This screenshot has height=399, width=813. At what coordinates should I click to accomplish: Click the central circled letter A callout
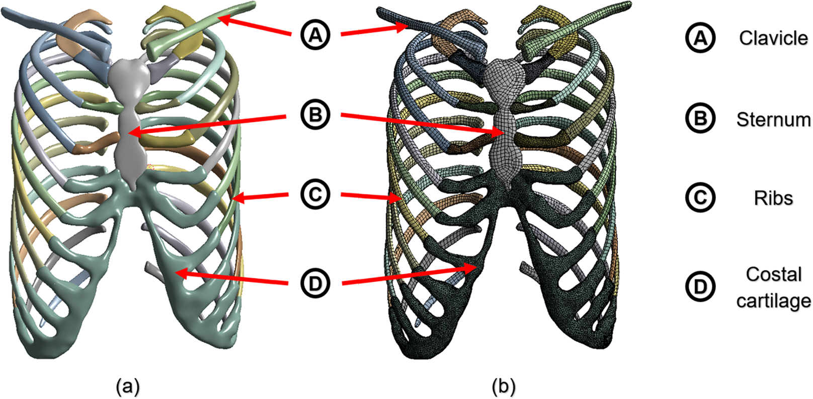click(x=315, y=35)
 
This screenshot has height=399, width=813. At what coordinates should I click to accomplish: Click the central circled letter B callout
click(x=315, y=115)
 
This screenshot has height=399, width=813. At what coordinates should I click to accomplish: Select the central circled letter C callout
click(x=315, y=194)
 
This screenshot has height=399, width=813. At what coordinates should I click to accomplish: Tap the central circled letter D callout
click(x=315, y=284)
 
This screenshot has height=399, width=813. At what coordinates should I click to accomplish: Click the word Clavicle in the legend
click(x=773, y=38)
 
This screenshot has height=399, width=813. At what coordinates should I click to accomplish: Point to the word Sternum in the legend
click(x=773, y=119)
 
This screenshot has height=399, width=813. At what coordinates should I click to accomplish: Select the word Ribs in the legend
click(x=773, y=198)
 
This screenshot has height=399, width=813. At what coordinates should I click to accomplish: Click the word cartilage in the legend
click(x=773, y=301)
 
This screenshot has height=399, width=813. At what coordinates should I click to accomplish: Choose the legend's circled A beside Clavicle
click(x=700, y=38)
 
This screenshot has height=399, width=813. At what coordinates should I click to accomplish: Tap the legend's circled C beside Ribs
click(x=700, y=197)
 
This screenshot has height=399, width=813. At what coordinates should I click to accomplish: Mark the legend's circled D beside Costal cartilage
click(x=700, y=287)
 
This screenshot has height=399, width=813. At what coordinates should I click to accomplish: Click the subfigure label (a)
click(x=128, y=386)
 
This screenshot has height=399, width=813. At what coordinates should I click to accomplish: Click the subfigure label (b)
click(x=504, y=386)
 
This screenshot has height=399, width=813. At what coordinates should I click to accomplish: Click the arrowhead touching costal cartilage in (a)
click(x=180, y=273)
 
